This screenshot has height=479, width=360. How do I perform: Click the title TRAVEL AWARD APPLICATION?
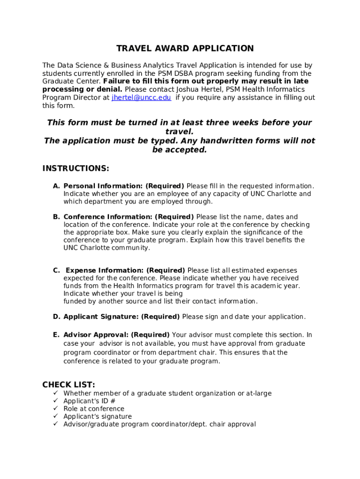click(x=185, y=49)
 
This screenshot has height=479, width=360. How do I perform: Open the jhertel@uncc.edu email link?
click(x=141, y=98)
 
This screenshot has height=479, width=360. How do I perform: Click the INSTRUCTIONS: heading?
click(x=76, y=168)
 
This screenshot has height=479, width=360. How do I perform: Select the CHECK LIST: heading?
click(x=68, y=385)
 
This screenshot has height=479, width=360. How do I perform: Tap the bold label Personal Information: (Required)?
click(x=123, y=186)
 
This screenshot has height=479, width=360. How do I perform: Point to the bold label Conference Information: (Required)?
click(x=129, y=217)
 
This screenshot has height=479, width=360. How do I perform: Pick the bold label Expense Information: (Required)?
click(x=125, y=270)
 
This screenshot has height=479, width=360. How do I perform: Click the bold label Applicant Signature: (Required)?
click(x=122, y=317)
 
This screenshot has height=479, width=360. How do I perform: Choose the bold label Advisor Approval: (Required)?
click(x=116, y=335)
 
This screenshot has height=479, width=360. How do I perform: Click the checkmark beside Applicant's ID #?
click(x=55, y=401)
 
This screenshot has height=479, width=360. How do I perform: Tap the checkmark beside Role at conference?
click(x=55, y=409)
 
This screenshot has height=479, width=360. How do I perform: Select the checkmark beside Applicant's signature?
click(x=55, y=417)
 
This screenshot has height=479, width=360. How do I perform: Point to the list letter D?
click(x=56, y=317)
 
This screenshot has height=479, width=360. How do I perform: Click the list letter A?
click(x=56, y=186)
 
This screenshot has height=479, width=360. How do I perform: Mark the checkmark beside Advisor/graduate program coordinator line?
click(x=55, y=424)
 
